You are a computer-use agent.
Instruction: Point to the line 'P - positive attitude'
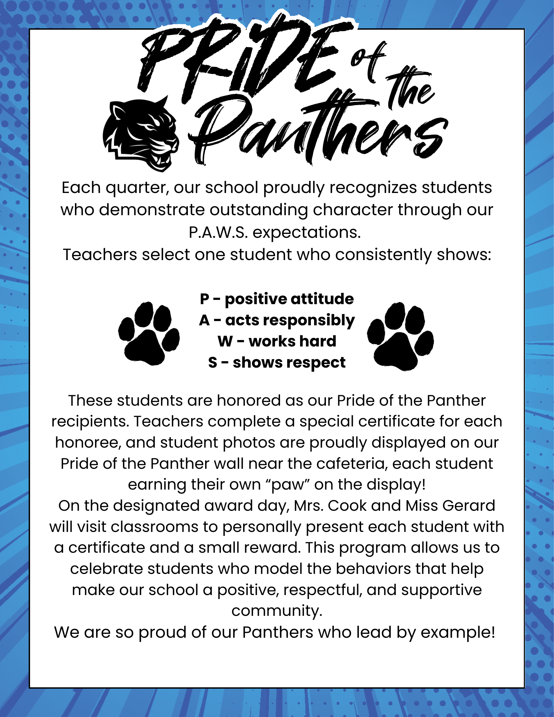point(277,299)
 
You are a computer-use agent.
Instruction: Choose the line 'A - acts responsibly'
point(277,320)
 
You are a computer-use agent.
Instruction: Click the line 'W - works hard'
point(277,341)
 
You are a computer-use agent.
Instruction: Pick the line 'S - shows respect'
point(277,362)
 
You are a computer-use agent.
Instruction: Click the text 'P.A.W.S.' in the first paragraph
point(218,232)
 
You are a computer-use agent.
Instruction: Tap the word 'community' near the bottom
point(277,611)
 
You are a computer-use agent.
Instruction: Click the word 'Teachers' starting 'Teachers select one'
point(100,255)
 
